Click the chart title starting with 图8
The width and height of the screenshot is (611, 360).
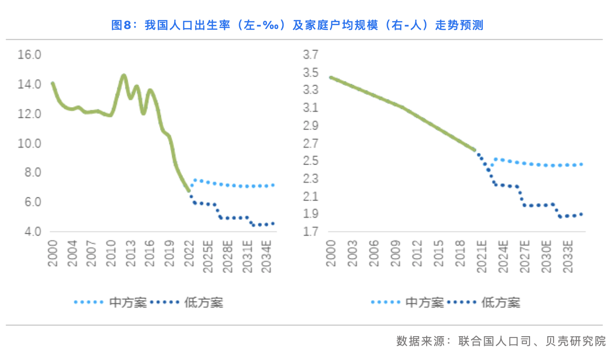click(x=297, y=25)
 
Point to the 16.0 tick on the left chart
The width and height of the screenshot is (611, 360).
click(x=29, y=55)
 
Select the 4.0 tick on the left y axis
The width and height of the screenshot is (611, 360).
click(x=29, y=232)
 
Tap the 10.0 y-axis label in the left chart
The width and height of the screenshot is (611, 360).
click(x=29, y=144)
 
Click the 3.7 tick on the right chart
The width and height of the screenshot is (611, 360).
click(x=311, y=55)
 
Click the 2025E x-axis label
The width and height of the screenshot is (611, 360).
click(x=208, y=254)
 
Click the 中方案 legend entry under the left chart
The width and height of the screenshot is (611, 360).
click(x=128, y=302)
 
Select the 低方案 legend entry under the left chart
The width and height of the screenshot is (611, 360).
click(x=204, y=302)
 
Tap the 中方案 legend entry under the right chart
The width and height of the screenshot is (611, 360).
click(x=424, y=302)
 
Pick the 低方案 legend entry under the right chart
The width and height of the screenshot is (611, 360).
click(x=500, y=302)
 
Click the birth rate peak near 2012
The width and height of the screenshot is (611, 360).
click(x=124, y=75)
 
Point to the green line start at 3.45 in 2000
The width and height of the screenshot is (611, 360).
click(x=331, y=78)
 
